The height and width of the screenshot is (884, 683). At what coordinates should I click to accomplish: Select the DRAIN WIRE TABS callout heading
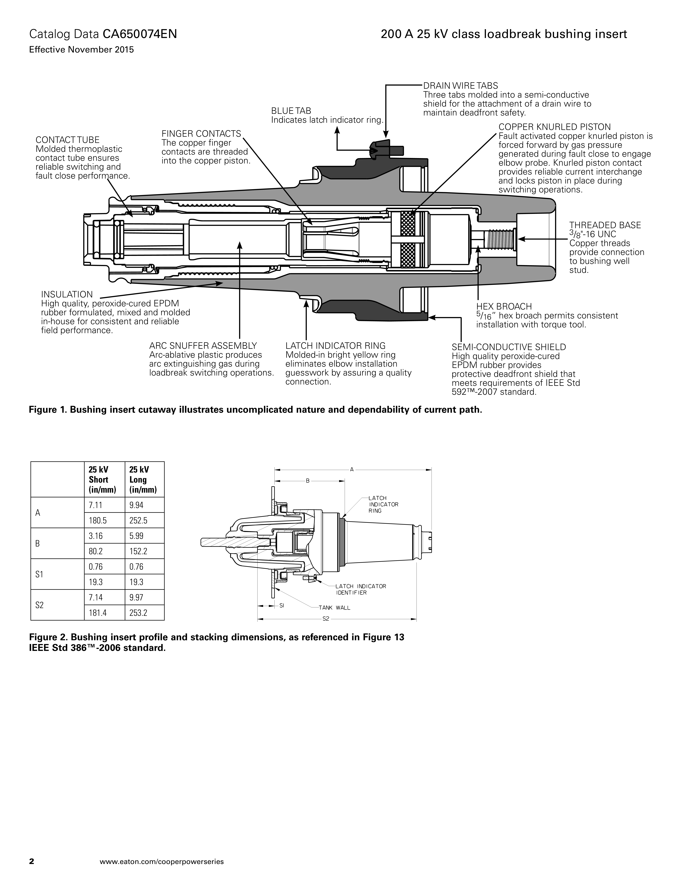click(x=460, y=86)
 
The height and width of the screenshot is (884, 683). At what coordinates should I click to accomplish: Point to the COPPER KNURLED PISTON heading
click(x=554, y=127)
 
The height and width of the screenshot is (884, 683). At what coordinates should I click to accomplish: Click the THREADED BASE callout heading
click(x=605, y=225)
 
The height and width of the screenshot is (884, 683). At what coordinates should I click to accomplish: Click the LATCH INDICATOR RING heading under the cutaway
click(x=335, y=346)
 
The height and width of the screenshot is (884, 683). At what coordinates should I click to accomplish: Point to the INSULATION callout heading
click(x=67, y=294)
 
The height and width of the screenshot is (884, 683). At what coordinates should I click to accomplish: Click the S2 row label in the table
click(x=39, y=605)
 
